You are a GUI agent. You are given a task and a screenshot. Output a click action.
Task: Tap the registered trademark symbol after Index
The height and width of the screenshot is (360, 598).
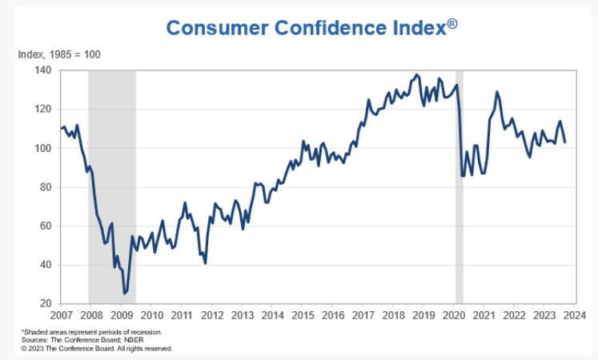point(453,23)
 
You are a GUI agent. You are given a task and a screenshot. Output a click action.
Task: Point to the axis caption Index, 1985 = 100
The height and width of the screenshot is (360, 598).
point(59,54)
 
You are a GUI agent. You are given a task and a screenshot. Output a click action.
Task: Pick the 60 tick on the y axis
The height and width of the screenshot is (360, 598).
point(45,226)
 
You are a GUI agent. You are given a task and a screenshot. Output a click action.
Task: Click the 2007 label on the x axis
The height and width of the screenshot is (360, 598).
point(61,315)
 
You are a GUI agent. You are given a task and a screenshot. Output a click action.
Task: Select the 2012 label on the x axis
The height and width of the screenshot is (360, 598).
point(211,315)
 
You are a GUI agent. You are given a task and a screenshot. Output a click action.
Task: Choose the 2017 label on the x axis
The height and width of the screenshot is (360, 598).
point(363,315)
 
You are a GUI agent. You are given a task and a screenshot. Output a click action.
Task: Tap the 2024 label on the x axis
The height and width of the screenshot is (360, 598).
point(574,315)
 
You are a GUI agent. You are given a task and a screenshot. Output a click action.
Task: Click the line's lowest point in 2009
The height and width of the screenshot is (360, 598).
point(124,294)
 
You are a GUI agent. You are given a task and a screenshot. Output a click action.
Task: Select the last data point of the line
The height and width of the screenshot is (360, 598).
point(564,142)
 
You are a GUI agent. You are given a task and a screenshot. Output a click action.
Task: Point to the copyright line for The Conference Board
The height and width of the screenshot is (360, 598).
point(96,348)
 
